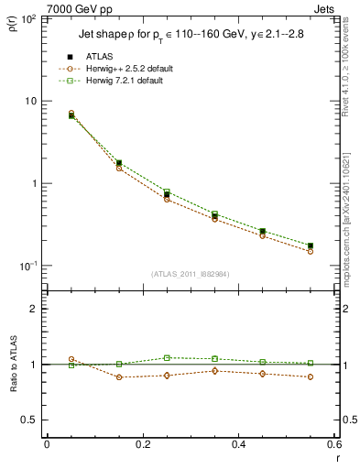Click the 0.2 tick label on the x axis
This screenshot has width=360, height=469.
[x=142, y=444]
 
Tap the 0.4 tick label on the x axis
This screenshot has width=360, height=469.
[x=238, y=444]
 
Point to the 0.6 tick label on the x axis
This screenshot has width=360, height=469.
[x=333, y=444]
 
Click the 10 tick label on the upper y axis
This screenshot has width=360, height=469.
[x=29, y=101]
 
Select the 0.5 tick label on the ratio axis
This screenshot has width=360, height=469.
[x=28, y=420]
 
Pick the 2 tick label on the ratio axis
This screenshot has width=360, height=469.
[x=33, y=309]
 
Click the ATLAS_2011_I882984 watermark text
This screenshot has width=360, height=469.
[x=191, y=274]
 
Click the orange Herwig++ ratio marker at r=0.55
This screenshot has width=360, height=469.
[x=311, y=376]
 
